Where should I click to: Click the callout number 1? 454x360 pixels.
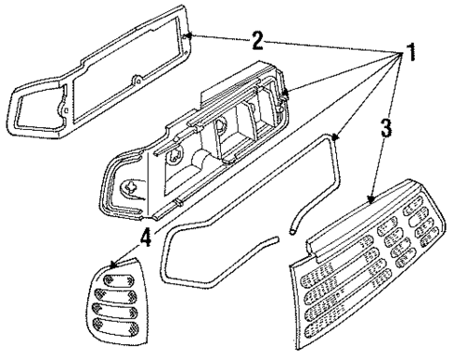tap(408, 54)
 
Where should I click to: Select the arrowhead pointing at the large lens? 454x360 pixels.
tap(372, 199)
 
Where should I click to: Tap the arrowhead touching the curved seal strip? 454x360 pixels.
tap(334, 137)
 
